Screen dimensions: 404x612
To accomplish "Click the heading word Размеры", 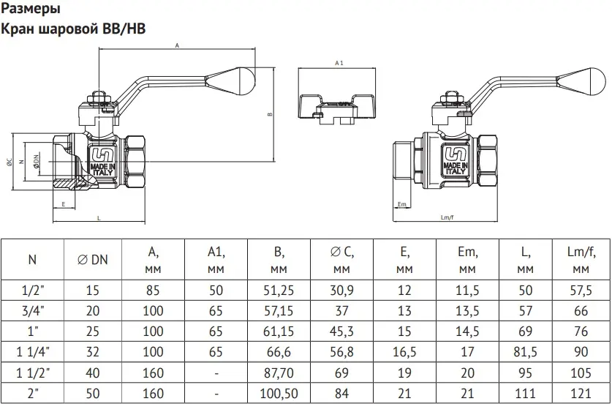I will click(x=32, y=10).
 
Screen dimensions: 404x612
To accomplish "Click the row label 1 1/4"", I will click(x=32, y=353).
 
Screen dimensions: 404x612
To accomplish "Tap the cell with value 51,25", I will click(x=279, y=291).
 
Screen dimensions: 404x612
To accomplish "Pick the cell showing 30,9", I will click(x=341, y=291).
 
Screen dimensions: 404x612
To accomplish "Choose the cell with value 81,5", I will click(x=526, y=353).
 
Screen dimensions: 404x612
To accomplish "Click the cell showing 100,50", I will click(x=279, y=394).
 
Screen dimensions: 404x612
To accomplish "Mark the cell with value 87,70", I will click(x=279, y=373).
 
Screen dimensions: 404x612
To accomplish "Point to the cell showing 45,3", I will click(x=341, y=332).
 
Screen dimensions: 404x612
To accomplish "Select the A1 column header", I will click(x=216, y=260).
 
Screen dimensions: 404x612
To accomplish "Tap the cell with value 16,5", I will click(x=404, y=353).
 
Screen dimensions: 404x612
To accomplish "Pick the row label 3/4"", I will click(x=32, y=311).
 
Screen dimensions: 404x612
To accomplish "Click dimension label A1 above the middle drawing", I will click(x=339, y=64).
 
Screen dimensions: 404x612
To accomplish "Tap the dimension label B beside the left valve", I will click(x=269, y=114).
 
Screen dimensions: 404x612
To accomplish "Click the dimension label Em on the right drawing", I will click(x=401, y=203).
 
